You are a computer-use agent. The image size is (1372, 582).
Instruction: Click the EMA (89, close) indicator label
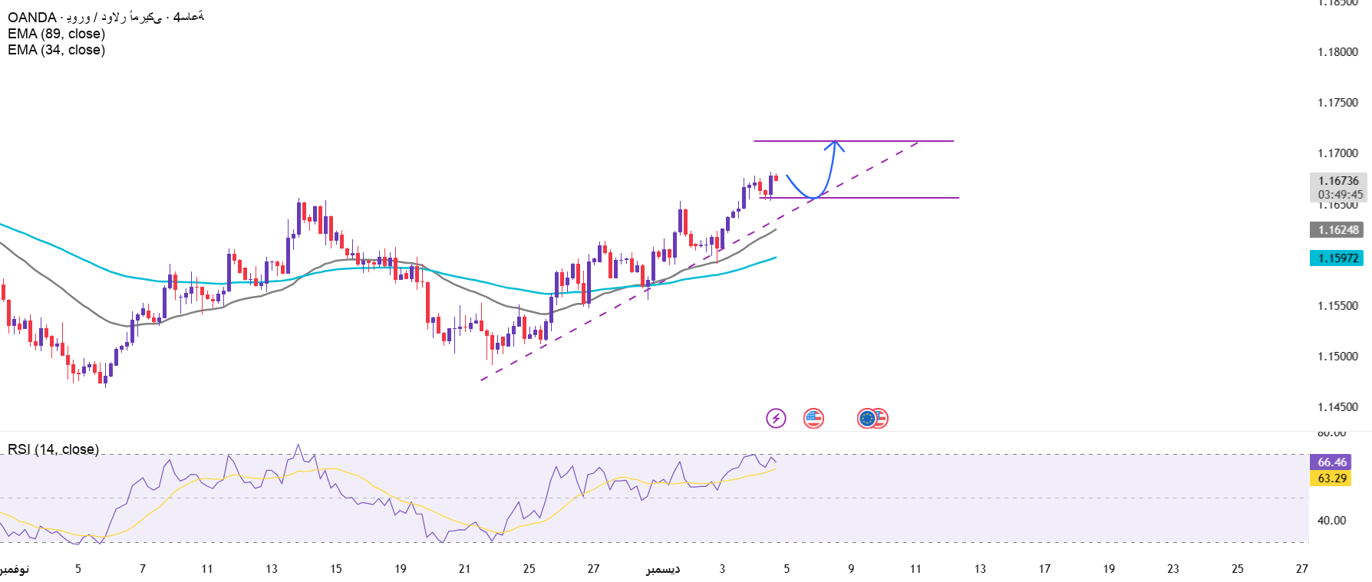click(56, 34)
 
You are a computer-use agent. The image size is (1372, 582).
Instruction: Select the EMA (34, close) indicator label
click(56, 50)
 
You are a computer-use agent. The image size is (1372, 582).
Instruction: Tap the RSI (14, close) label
click(53, 449)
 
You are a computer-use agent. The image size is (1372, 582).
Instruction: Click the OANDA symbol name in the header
click(31, 17)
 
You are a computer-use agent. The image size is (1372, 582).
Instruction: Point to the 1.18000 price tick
click(1337, 52)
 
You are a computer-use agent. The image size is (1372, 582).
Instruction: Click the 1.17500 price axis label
click(1337, 103)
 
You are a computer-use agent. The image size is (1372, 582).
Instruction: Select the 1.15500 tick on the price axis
click(1337, 306)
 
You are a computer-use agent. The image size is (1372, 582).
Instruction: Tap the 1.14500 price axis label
click(1337, 407)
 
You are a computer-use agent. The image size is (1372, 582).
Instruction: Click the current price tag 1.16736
click(1338, 181)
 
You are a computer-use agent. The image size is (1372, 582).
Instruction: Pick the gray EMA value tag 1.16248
click(1337, 230)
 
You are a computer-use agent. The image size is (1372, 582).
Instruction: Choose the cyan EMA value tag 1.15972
click(1337, 258)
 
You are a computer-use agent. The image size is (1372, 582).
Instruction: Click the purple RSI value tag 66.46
click(1332, 462)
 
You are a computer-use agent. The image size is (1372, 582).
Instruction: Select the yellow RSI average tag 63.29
click(1332, 478)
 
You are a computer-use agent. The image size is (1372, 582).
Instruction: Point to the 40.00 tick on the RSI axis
click(1331, 521)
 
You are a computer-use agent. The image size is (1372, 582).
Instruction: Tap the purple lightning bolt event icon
click(776, 418)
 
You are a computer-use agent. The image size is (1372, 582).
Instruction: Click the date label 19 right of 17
click(1109, 569)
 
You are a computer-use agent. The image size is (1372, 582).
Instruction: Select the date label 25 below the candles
click(529, 569)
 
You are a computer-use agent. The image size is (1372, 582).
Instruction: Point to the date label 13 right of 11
click(980, 569)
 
